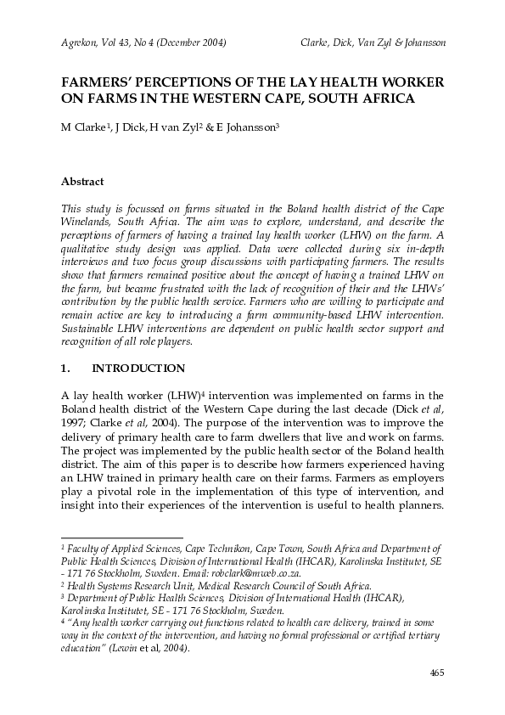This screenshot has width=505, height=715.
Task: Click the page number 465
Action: pyautogui.click(x=436, y=673)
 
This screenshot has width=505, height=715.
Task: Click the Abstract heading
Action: pyautogui.click(x=82, y=181)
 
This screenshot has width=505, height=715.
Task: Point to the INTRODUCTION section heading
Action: pyautogui.click(x=138, y=369)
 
